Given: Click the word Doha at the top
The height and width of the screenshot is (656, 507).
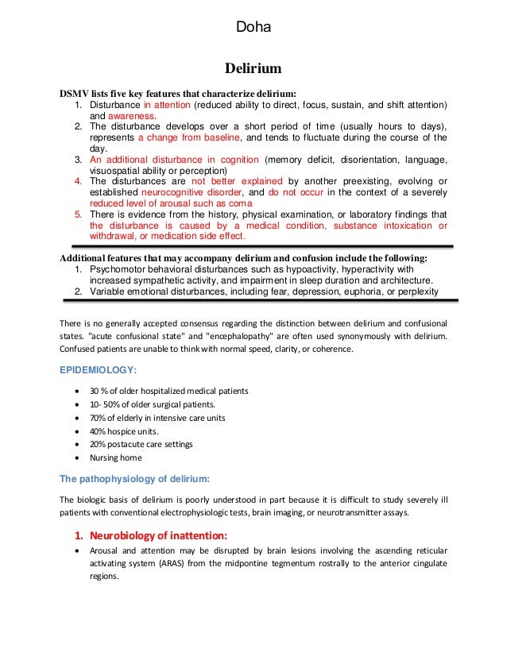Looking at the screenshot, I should click(253, 29).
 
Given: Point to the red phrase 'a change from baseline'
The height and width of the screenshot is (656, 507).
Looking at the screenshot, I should click(182, 137).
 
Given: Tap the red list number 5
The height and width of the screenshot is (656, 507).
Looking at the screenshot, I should click(78, 214).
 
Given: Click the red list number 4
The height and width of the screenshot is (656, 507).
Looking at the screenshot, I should click(78, 181).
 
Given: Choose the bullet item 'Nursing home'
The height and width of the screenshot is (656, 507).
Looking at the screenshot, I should click(115, 457).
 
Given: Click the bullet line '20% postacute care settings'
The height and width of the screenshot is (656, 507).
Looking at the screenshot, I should click(141, 444).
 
